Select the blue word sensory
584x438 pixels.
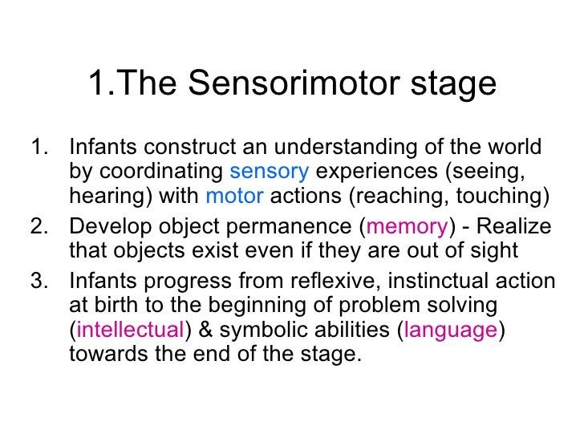point(269,171)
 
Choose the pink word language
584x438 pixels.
point(452,331)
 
